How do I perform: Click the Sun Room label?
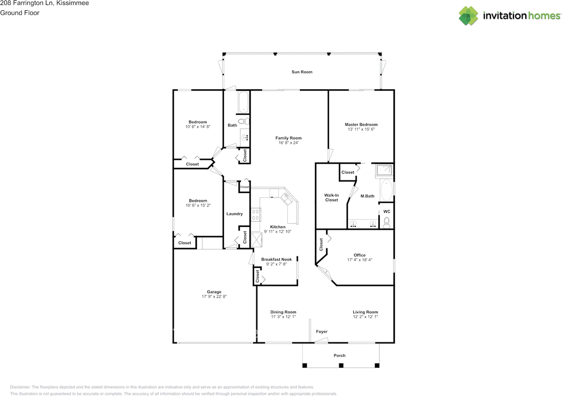click(x=302, y=72)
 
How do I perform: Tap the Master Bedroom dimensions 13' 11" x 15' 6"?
click(x=361, y=129)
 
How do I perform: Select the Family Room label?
click(x=288, y=138)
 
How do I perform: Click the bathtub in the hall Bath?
click(x=243, y=102)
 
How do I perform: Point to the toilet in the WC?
click(x=387, y=223)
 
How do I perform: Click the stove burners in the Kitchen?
click(x=256, y=215)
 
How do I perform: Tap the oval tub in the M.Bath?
click(x=387, y=190)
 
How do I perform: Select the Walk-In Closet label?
click(x=331, y=198)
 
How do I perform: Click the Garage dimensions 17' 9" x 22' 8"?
click(x=214, y=296)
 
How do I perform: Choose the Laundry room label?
click(x=234, y=214)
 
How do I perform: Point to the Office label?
click(x=360, y=255)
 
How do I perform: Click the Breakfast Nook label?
click(x=276, y=259)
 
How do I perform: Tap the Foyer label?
click(x=322, y=331)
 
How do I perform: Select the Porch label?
click(x=339, y=355)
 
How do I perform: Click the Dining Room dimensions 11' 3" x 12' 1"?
click(x=283, y=317)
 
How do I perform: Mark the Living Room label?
click(x=365, y=312)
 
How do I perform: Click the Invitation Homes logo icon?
click(x=468, y=15)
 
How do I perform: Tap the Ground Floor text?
click(x=20, y=13)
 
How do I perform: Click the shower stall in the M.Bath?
click(x=384, y=170)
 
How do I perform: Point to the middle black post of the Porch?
click(x=341, y=365)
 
